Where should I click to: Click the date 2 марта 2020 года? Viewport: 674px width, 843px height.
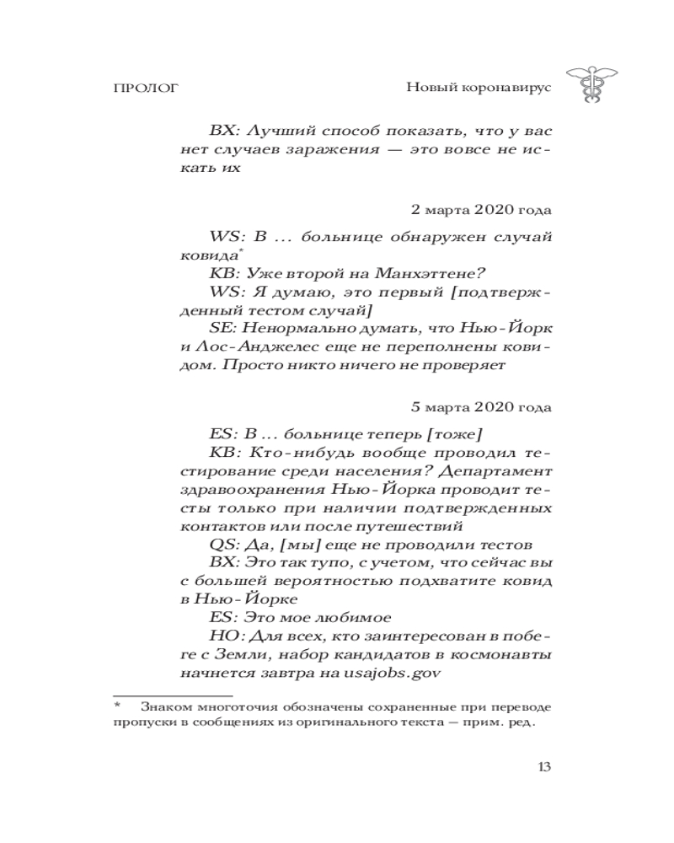[x=481, y=208]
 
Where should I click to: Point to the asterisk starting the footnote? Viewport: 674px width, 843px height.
[x=119, y=706]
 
